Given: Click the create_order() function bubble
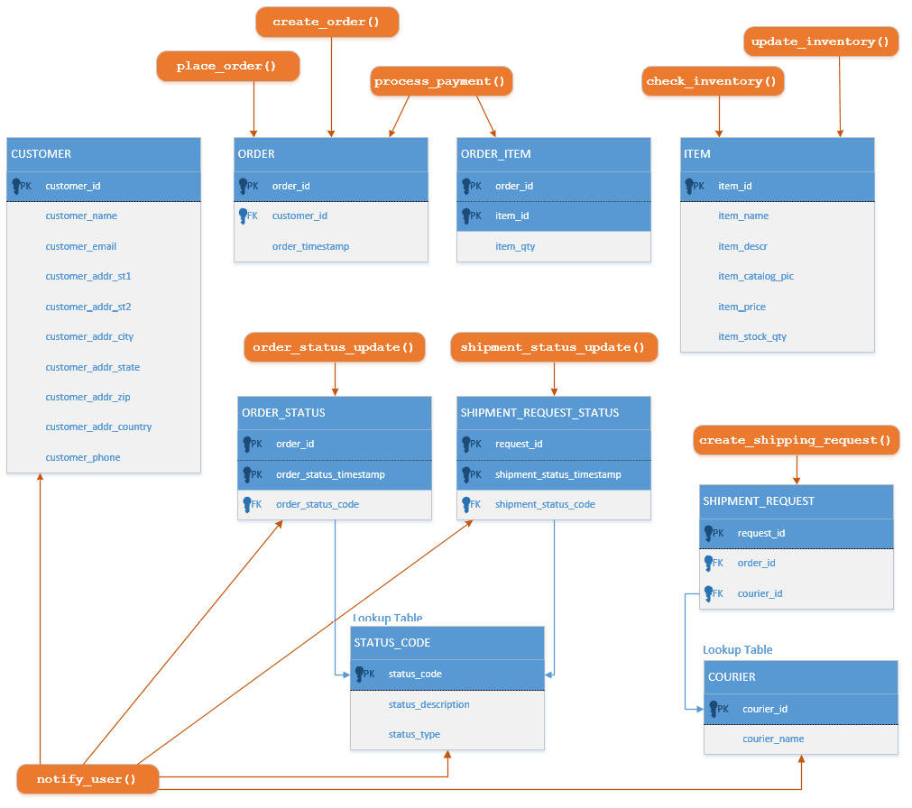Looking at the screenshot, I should pos(327,22).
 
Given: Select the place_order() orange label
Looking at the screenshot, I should pos(227,67).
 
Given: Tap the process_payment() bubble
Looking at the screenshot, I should pos(441,81).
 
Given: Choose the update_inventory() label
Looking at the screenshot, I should pos(820,41).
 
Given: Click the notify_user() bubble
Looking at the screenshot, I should pos(87,779).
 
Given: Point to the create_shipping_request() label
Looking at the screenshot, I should pos(796,440).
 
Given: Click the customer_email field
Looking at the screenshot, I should pos(81,246).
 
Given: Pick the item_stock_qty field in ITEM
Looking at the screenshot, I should pos(752,336).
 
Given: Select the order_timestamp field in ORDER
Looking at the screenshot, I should pos(310,246).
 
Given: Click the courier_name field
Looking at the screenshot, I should pos(773,739).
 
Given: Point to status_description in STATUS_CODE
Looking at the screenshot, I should pos(428,704).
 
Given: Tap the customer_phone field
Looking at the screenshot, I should pos(83,457).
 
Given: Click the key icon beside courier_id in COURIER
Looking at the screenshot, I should pos(715,709).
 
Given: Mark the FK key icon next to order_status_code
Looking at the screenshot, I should pos(246,504).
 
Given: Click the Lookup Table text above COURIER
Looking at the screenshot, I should pos(737,649).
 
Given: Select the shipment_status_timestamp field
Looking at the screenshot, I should pos(557,474).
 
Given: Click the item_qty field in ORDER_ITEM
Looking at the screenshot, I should pos(515,246).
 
